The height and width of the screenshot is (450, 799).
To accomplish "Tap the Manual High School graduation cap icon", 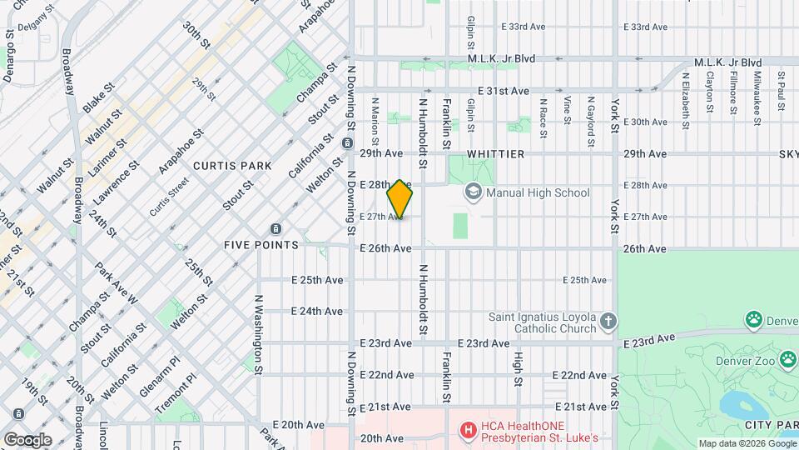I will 474,192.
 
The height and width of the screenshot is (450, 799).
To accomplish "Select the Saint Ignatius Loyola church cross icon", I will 609,322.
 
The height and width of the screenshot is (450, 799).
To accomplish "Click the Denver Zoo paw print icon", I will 754,319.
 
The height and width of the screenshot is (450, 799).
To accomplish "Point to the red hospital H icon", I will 469,431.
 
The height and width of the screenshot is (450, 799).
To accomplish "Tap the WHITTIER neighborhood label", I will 495,154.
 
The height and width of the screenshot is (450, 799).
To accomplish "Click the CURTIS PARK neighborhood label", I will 232,166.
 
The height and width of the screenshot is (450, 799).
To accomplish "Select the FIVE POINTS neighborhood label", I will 261,245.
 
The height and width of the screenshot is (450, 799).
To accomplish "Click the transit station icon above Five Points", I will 275,228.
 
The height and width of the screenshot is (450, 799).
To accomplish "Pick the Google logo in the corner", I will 27,439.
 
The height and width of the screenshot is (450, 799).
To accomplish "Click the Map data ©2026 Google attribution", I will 747,443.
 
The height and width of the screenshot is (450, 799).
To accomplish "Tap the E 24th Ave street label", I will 316,312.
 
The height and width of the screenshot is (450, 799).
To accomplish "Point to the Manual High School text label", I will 538,193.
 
